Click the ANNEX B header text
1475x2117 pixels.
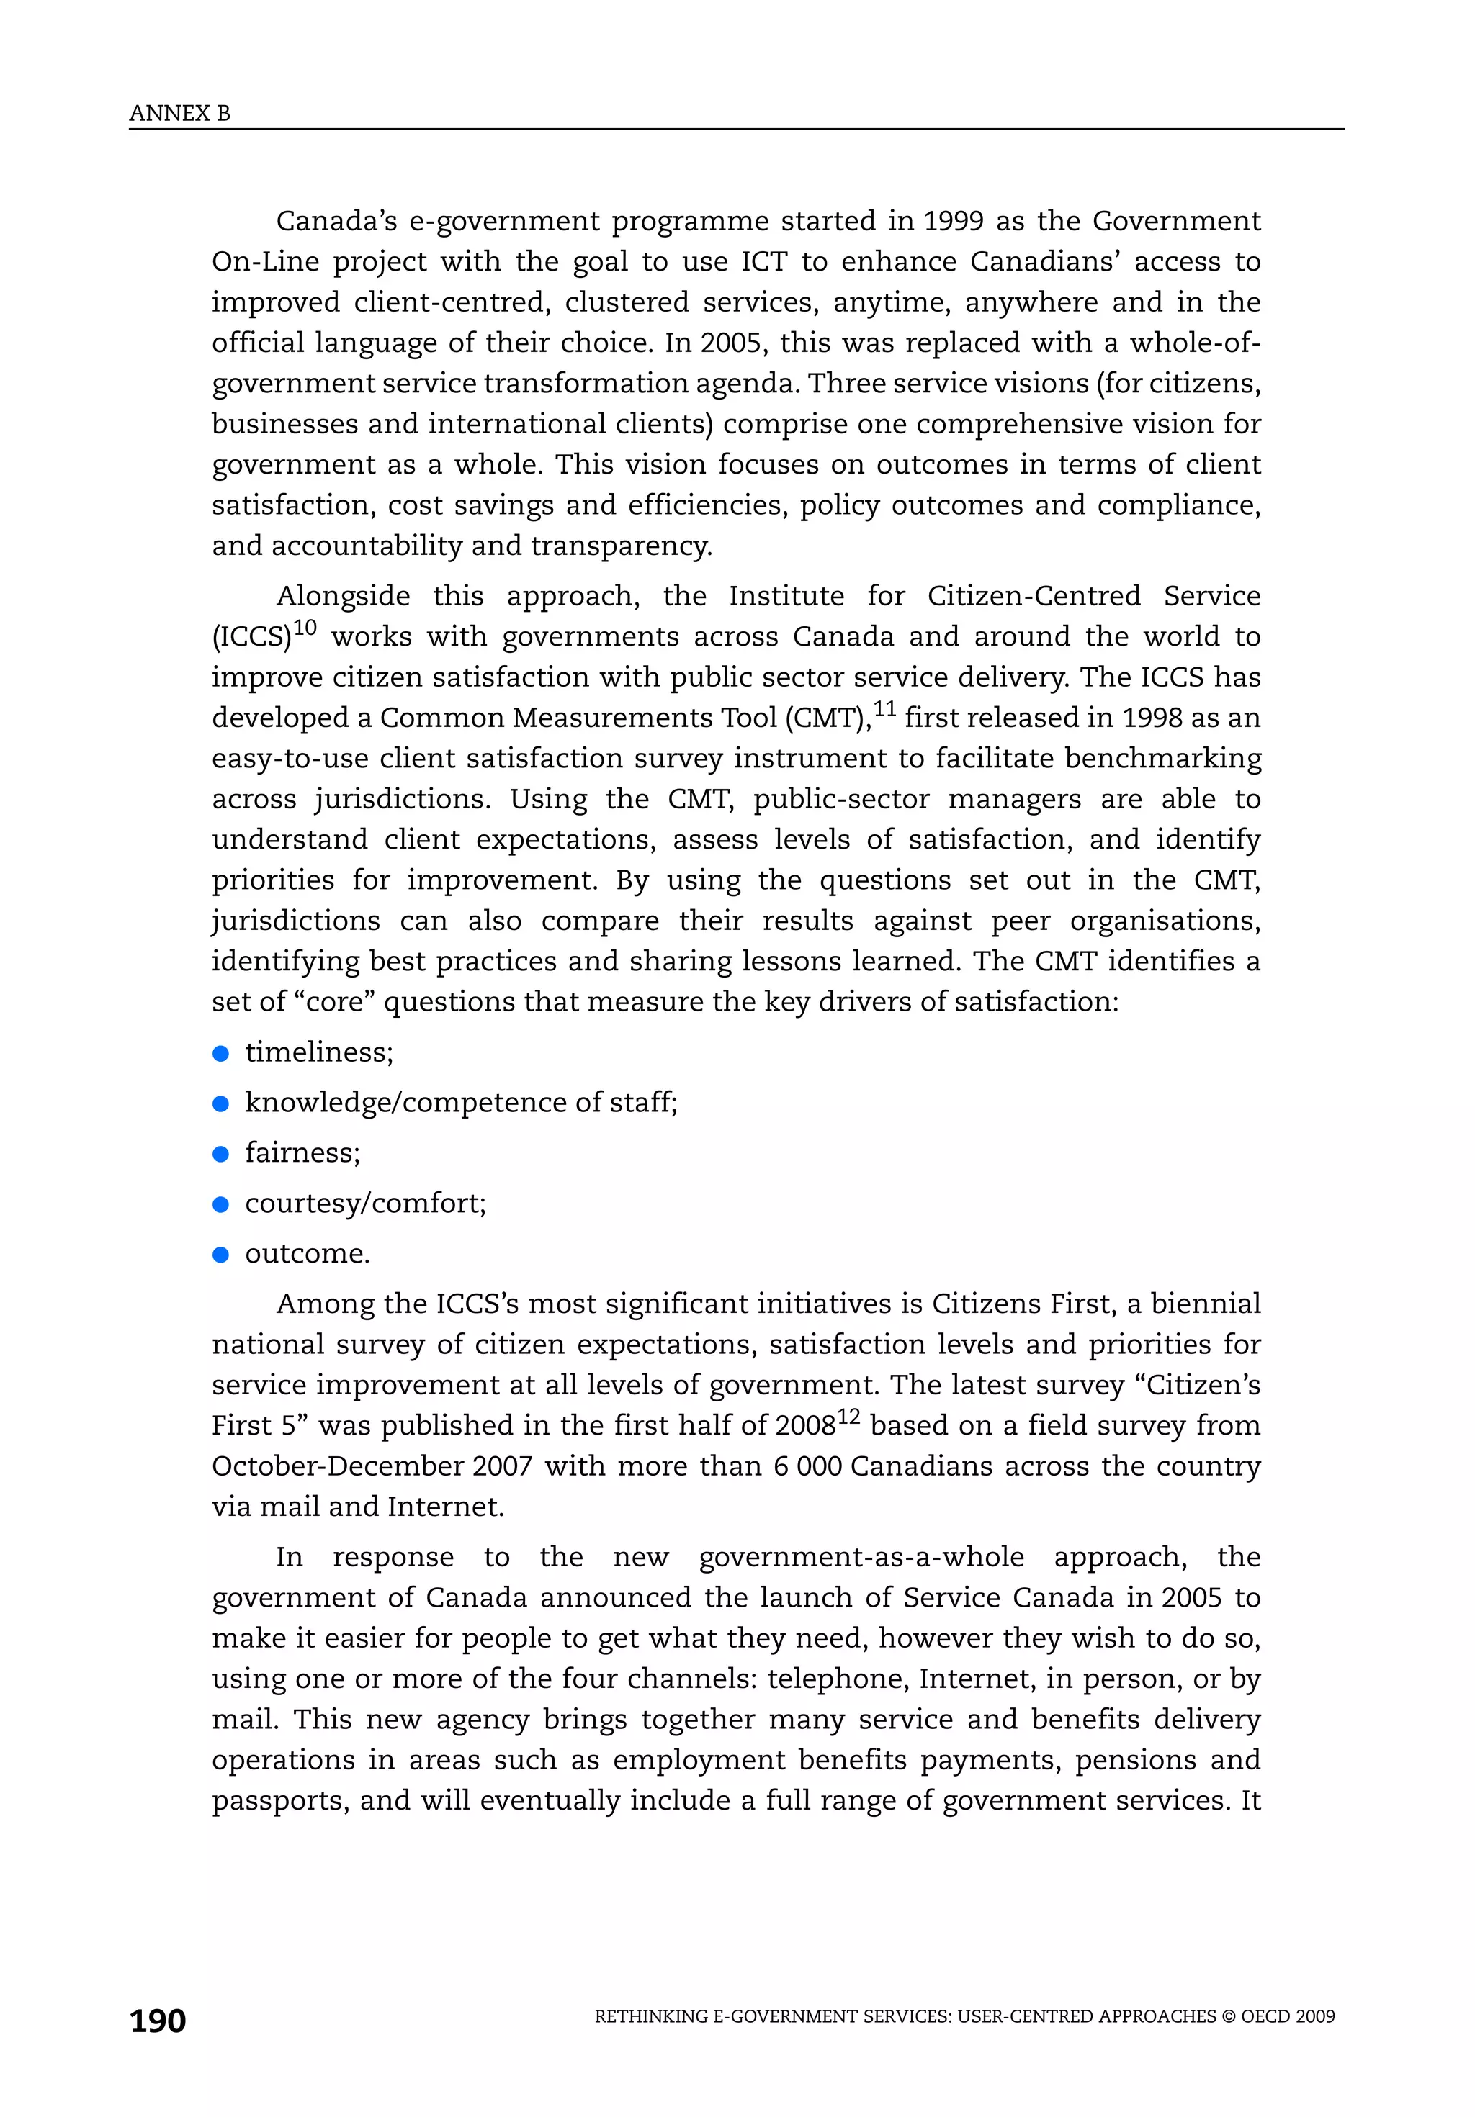180,114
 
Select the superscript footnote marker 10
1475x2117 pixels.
305,628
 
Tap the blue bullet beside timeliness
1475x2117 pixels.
220,1053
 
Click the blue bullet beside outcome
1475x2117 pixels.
220,1254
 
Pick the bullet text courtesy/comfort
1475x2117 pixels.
365,1204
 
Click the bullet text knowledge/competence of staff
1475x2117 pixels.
461,1103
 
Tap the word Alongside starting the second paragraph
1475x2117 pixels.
343,597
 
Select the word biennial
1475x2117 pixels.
1206,1304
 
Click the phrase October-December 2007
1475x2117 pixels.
372,1466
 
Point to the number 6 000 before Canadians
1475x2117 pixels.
807,1466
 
